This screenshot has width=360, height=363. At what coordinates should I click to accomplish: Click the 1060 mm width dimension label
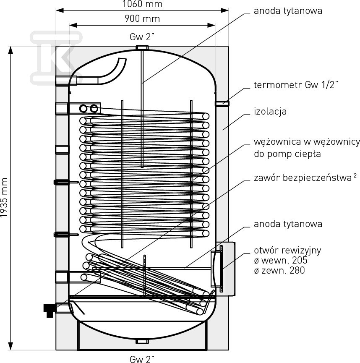tap(142, 4)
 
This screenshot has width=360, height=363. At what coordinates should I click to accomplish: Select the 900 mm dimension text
tap(142, 18)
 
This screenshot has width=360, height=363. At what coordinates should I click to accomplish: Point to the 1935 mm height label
tap(4, 198)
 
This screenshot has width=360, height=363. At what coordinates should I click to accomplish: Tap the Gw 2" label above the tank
tap(142, 37)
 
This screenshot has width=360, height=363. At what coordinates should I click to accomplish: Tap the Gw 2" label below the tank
tap(142, 359)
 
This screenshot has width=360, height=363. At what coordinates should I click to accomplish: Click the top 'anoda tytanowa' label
tap(288, 11)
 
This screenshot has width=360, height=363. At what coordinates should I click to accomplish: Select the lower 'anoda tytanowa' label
tap(288, 224)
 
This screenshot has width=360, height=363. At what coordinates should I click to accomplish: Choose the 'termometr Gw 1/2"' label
tap(296, 85)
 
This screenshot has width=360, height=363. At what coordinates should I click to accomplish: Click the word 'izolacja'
tap(270, 111)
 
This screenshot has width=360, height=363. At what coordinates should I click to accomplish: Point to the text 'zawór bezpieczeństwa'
tap(303, 178)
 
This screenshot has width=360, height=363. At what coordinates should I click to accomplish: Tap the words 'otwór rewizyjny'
tap(287, 251)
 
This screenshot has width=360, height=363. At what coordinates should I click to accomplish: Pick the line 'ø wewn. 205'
tap(281, 261)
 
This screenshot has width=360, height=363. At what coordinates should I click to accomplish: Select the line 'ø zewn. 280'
tap(279, 270)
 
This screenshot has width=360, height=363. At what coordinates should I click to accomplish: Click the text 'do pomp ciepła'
tap(287, 154)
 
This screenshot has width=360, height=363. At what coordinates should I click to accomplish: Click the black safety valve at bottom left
tap(50, 311)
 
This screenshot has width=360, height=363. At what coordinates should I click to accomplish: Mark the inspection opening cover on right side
tap(222, 269)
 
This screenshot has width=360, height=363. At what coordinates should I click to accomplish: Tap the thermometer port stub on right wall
tap(222, 103)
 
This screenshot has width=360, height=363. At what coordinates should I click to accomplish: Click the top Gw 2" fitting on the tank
tap(142, 48)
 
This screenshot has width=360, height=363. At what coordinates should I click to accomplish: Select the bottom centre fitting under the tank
tap(142, 341)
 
